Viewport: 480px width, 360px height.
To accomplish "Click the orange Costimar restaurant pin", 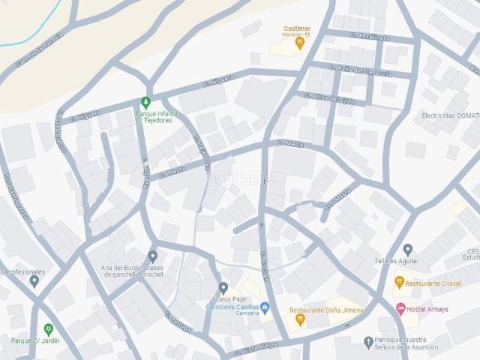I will (300, 43).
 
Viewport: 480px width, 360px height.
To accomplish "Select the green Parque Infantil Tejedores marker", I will (146, 102).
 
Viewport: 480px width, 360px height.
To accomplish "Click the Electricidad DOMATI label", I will (450, 115).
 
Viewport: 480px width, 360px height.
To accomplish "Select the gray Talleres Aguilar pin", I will (407, 249).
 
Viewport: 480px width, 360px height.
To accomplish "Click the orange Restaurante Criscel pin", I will (399, 282).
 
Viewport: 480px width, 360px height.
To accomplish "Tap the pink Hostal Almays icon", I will (400, 308).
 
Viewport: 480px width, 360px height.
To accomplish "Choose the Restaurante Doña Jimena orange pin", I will (300, 319).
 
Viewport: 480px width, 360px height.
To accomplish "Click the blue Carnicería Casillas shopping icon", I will (265, 307).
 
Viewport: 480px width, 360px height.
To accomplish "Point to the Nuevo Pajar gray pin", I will (223, 287).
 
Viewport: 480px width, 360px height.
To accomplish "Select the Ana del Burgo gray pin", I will (152, 256).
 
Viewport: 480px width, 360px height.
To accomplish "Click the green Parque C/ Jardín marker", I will (49, 329).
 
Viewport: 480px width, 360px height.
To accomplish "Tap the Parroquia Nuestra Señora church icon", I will (368, 342).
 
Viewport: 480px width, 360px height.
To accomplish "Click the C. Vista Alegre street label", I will (257, 349).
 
